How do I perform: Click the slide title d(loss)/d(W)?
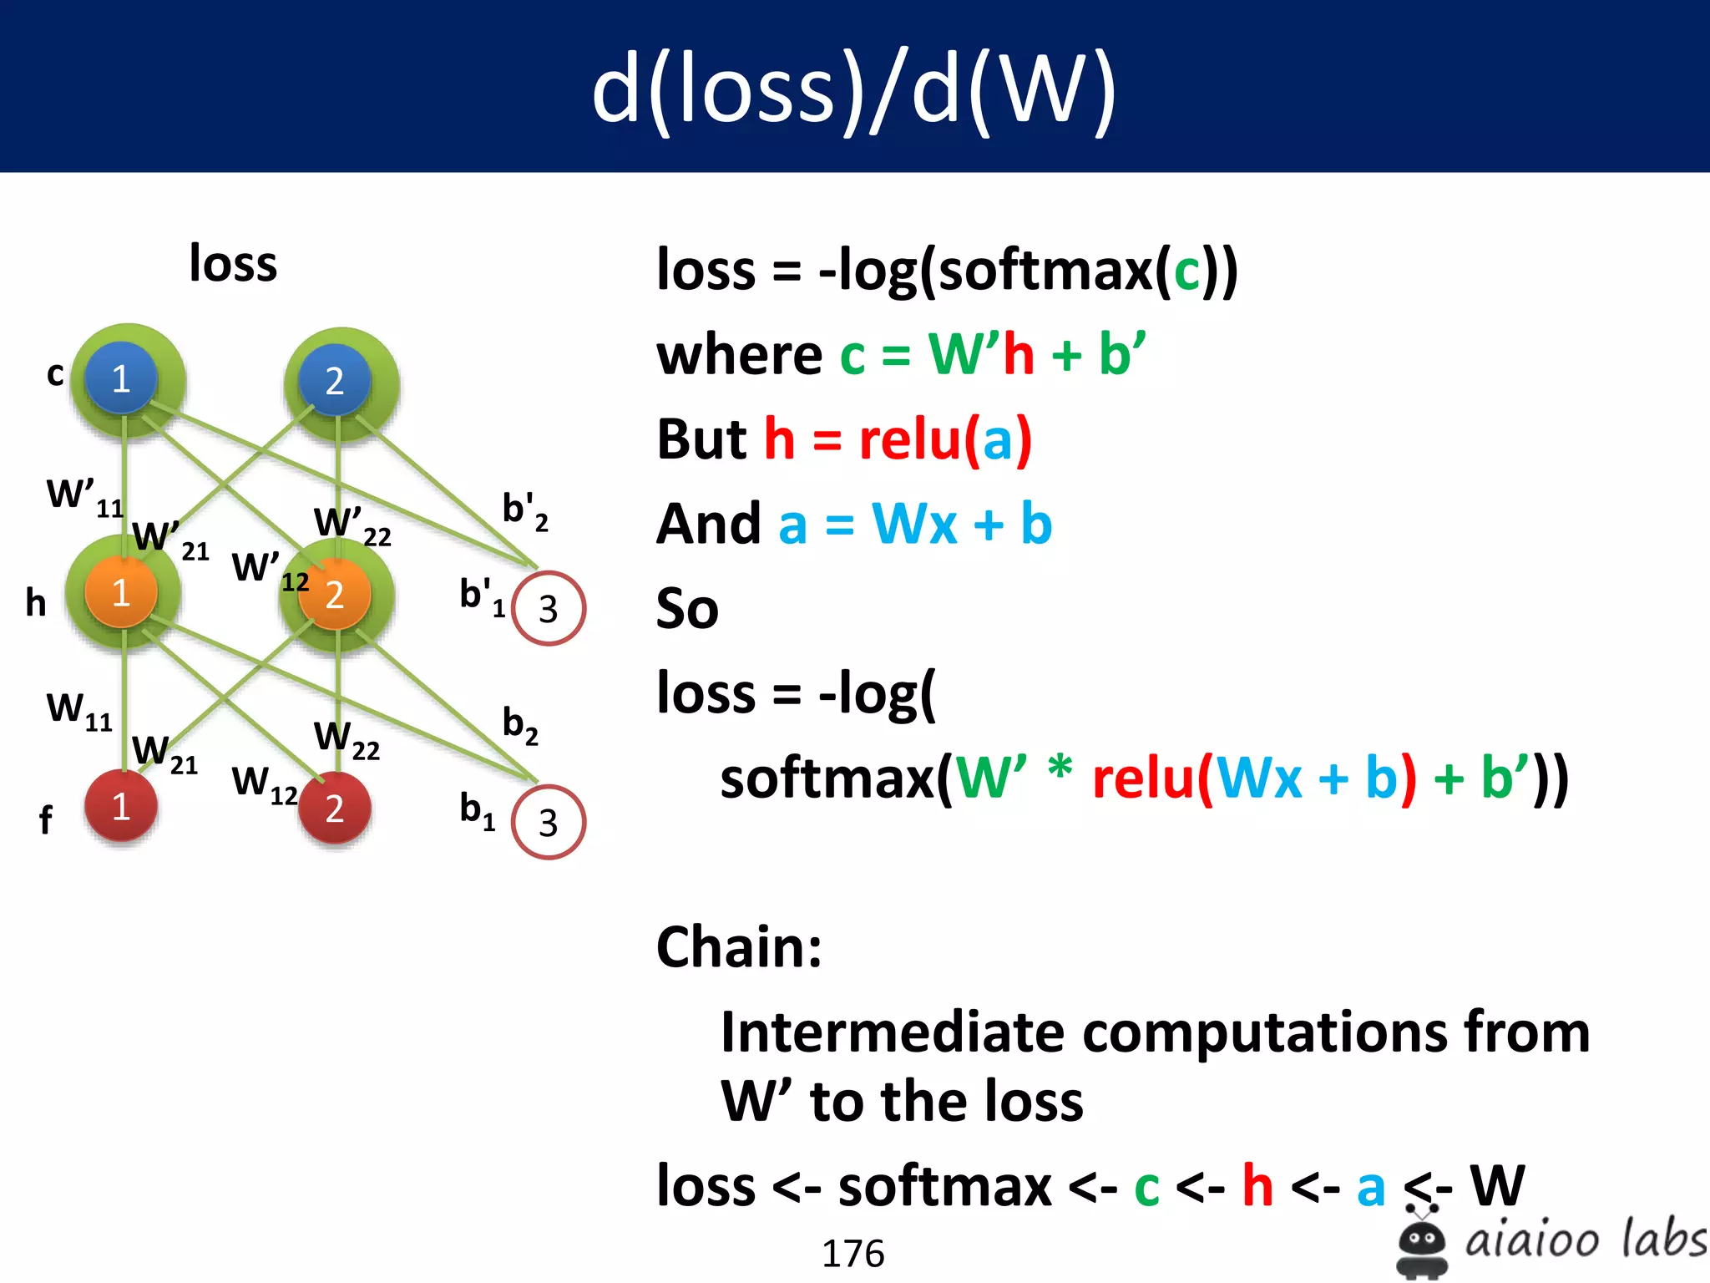tap(853, 89)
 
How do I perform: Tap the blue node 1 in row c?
tap(121, 378)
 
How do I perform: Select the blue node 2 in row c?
tap(335, 381)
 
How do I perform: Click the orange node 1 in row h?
tap(121, 592)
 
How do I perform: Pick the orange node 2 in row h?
tap(335, 594)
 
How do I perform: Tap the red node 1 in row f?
tap(121, 806)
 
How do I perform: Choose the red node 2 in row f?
tap(335, 808)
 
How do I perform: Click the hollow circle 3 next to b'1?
tap(548, 608)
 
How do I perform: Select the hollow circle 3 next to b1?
tap(548, 822)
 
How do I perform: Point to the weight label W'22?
tap(352, 525)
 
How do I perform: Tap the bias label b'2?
tap(524, 510)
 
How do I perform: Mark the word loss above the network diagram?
tap(233, 264)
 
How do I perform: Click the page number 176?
tap(852, 1253)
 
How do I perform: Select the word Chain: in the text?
tap(739, 947)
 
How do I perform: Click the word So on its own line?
tap(687, 608)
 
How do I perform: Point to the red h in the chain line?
tap(1257, 1185)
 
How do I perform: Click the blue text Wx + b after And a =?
tap(961, 525)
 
